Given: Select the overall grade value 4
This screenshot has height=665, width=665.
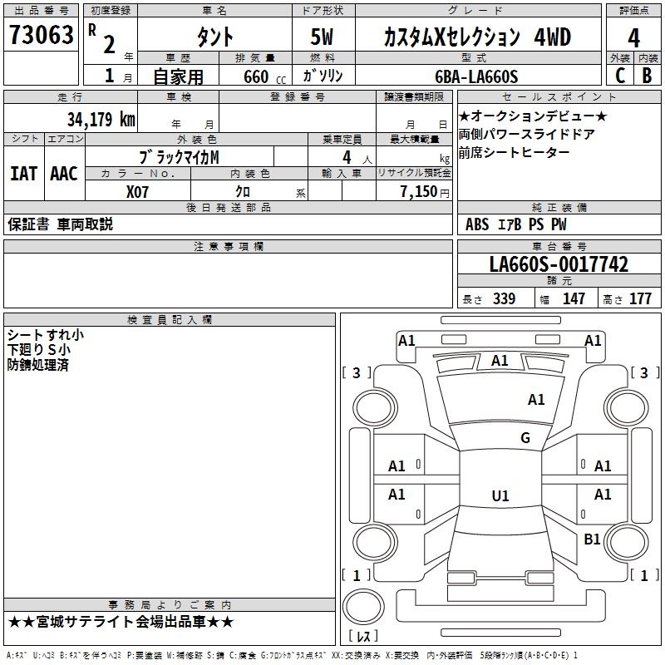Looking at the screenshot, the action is (x=633, y=38).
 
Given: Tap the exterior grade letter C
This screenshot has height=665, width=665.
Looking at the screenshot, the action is (x=618, y=75).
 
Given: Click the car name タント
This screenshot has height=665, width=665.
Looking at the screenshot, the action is (x=214, y=37).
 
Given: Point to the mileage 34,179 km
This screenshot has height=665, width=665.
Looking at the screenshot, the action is (x=101, y=119).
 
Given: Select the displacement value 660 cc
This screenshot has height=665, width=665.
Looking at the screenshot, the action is (x=257, y=77).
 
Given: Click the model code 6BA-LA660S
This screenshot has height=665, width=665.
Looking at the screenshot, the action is (x=476, y=77).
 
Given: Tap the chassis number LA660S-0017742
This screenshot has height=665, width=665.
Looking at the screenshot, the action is (x=559, y=264).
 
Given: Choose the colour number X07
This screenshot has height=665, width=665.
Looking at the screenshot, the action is (x=139, y=191).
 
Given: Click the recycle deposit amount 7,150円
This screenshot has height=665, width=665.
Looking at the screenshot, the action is (x=424, y=191).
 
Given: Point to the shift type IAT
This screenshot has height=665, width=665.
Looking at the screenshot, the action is (x=23, y=174).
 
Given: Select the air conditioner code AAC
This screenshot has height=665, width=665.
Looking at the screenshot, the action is (x=64, y=174).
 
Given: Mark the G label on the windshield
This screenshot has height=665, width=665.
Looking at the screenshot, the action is (x=525, y=438).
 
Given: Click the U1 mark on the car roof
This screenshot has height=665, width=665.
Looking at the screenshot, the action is (x=500, y=496).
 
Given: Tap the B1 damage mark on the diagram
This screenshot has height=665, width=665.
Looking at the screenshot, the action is (x=592, y=539).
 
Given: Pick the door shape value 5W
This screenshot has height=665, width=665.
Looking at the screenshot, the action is (x=324, y=37).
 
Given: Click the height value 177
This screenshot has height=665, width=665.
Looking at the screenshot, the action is (x=640, y=299).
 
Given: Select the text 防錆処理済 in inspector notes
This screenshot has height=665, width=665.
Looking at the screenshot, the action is (x=38, y=365).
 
